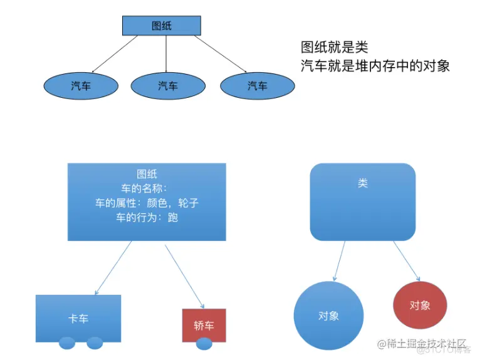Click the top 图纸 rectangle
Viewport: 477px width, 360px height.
(x=161, y=26)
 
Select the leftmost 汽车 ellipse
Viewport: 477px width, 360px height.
(x=81, y=86)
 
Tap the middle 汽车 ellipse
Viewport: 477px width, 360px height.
(x=167, y=86)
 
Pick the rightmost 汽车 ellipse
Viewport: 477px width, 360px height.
(x=257, y=86)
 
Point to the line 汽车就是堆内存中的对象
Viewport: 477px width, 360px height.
(x=375, y=66)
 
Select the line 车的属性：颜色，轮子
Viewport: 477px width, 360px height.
(x=147, y=203)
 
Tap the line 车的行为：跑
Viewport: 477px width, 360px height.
(x=147, y=218)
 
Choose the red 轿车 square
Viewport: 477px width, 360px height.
(x=204, y=324)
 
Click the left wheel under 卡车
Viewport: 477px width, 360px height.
(x=67, y=343)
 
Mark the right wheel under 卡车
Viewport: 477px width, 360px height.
(x=94, y=343)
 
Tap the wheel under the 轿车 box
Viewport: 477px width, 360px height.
(x=204, y=344)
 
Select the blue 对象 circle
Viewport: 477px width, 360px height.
(x=328, y=315)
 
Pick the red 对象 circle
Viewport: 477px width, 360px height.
(x=419, y=305)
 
